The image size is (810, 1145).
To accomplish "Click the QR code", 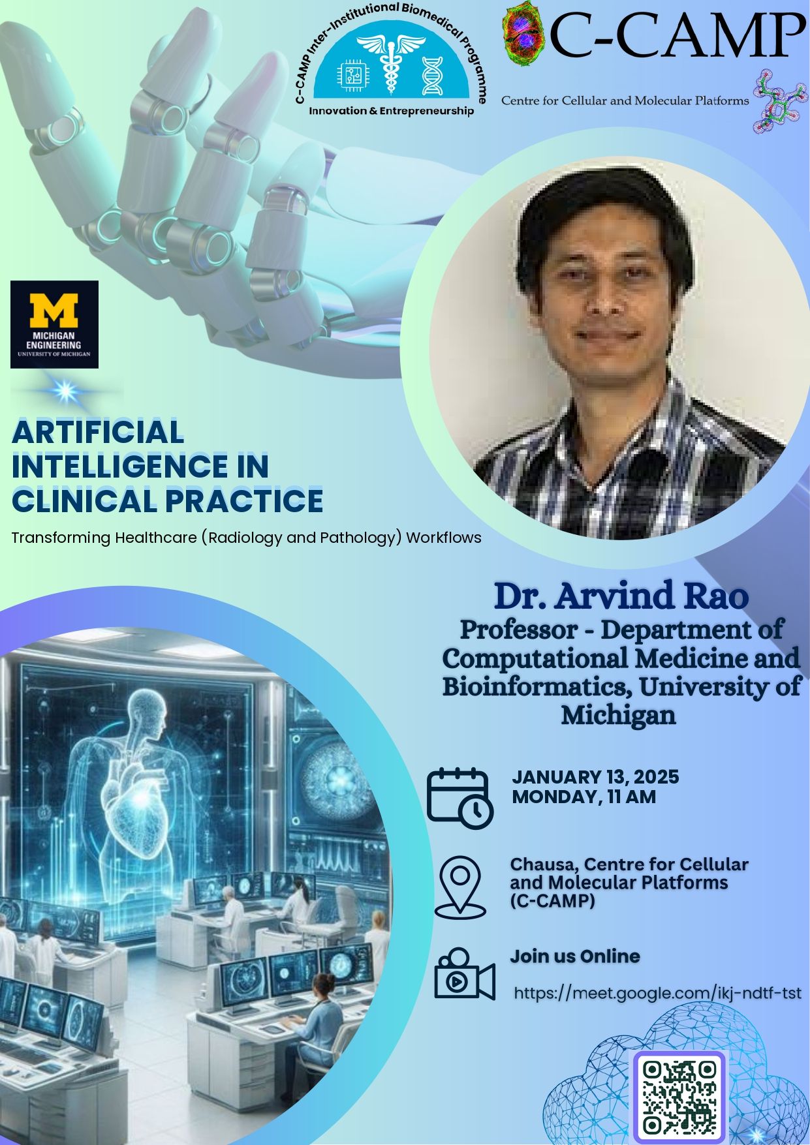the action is [679, 1097].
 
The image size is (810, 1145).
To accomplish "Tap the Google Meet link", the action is [657, 993].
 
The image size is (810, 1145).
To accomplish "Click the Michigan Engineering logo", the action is [54, 324].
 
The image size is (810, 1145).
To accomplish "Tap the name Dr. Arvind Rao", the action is [621, 595].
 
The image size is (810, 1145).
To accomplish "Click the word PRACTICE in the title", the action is [243, 500].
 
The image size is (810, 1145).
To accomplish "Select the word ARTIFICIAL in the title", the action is [98, 432].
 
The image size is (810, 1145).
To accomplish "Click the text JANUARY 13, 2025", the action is [595, 777].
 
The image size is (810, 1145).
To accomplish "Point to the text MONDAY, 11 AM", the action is [584, 797].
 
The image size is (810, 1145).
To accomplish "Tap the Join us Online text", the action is [575, 956].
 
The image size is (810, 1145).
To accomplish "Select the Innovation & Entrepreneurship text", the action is [391, 111].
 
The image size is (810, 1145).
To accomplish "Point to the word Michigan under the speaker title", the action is [618, 716].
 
